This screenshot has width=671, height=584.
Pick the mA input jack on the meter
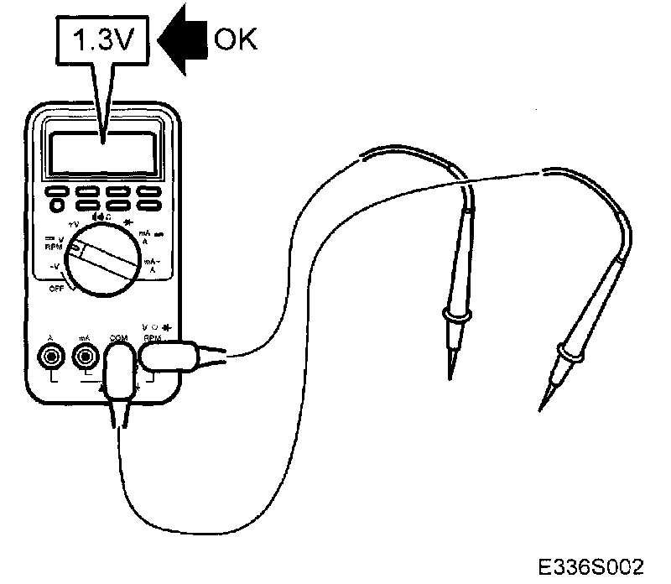click(x=85, y=357)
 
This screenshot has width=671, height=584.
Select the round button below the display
click(x=57, y=204)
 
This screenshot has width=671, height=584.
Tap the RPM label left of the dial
click(x=52, y=248)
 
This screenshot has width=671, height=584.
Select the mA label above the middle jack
click(x=84, y=337)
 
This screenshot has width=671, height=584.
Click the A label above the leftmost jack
click(x=53, y=337)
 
